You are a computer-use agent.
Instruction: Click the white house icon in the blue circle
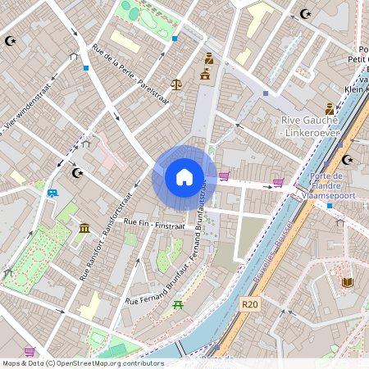click(x=184, y=176)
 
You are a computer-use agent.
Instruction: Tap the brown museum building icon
click(x=84, y=227)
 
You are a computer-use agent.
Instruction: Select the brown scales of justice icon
click(x=176, y=84)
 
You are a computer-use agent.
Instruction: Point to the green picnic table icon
click(x=178, y=305)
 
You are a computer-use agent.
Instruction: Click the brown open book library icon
click(x=348, y=283)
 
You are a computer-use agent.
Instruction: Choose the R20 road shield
click(x=251, y=304)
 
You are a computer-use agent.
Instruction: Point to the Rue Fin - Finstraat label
click(x=155, y=222)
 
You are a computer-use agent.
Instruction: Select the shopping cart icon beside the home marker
click(x=224, y=176)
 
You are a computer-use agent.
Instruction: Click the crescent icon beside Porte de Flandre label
click(x=347, y=160)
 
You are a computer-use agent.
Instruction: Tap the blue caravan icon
click(x=53, y=194)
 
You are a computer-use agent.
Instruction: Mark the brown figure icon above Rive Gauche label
click(x=330, y=108)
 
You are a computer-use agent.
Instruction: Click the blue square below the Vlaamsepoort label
click(x=329, y=205)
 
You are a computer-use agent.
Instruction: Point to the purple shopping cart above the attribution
click(x=30, y=352)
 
